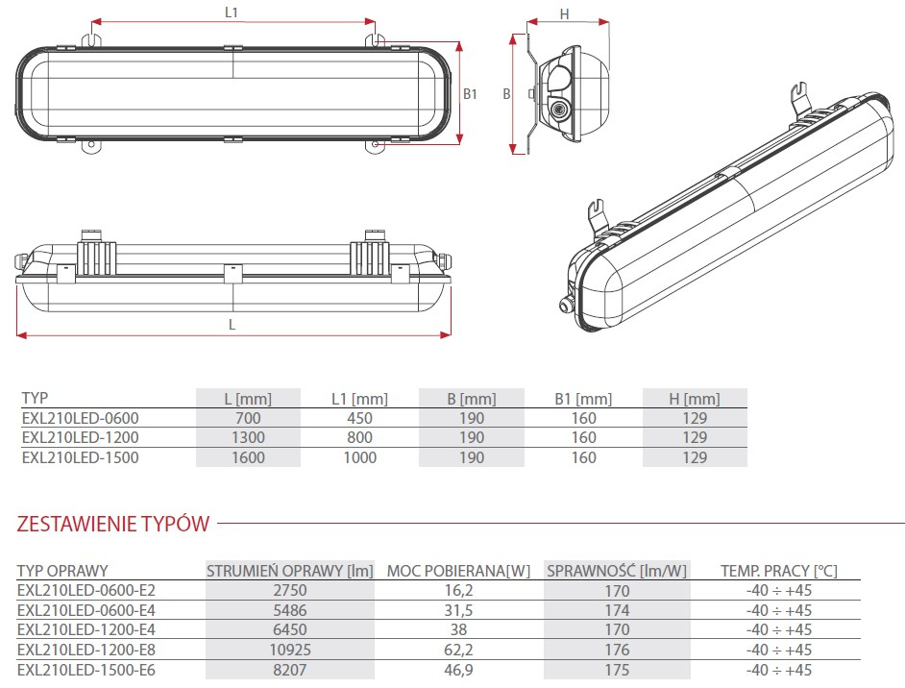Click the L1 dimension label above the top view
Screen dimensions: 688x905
pyautogui.click(x=231, y=12)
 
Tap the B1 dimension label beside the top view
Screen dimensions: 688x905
pyautogui.click(x=470, y=94)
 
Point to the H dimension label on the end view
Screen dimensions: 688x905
pyautogui.click(x=565, y=13)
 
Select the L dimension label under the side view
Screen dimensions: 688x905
pyautogui.click(x=232, y=325)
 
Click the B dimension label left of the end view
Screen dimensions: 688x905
pyautogui.click(x=506, y=94)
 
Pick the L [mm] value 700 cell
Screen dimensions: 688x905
pyautogui.click(x=247, y=418)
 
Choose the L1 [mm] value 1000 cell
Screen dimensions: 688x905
pyautogui.click(x=359, y=457)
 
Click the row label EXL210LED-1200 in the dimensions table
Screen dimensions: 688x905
pyautogui.click(x=80, y=438)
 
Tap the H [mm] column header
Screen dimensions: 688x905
pyautogui.click(x=695, y=399)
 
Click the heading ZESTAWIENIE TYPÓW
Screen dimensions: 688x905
pyautogui.click(x=113, y=524)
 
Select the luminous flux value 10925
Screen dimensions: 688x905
pyautogui.click(x=290, y=650)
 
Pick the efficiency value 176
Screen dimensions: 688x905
pyautogui.click(x=617, y=650)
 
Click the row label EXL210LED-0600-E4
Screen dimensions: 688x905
pyautogui.click(x=86, y=610)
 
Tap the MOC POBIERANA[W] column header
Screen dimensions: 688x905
pyautogui.click(x=458, y=571)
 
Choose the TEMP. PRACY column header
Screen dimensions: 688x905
pyautogui.click(x=779, y=571)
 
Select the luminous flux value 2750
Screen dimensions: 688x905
pyautogui.click(x=290, y=591)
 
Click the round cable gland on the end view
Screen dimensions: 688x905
pyautogui.click(x=556, y=109)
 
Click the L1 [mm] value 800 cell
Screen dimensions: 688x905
pyautogui.click(x=359, y=438)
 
